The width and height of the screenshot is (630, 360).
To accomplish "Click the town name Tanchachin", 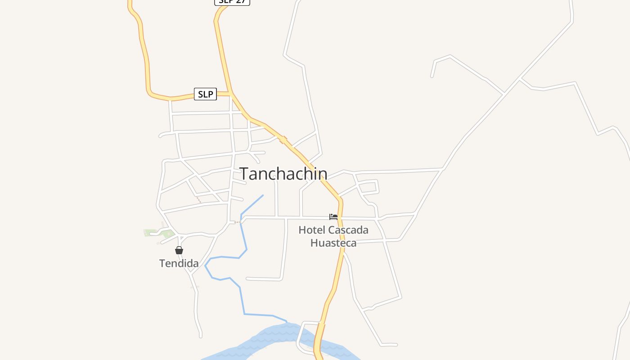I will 283,174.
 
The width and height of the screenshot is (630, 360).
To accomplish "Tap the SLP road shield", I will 205,94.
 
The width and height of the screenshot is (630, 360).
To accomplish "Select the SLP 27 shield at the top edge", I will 232,2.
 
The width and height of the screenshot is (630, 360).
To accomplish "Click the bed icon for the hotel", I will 333,217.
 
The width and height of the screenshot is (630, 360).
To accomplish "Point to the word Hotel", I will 312,230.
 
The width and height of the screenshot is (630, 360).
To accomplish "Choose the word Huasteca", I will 333,243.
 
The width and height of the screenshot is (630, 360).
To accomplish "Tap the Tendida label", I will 179,263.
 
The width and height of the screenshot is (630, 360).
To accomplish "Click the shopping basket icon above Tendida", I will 179,250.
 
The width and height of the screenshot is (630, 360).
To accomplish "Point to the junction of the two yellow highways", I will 231,94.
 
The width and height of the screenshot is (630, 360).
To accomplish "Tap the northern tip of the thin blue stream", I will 263,195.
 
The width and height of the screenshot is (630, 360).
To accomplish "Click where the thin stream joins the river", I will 287,322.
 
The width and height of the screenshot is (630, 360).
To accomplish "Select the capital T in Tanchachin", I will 245,174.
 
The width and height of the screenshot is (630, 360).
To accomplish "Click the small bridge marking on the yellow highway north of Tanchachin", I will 283,139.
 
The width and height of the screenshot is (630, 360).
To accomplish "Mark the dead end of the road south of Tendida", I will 201,336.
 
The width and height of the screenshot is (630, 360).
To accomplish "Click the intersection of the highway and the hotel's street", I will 340,218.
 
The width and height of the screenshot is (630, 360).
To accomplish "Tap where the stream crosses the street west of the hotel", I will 241,220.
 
